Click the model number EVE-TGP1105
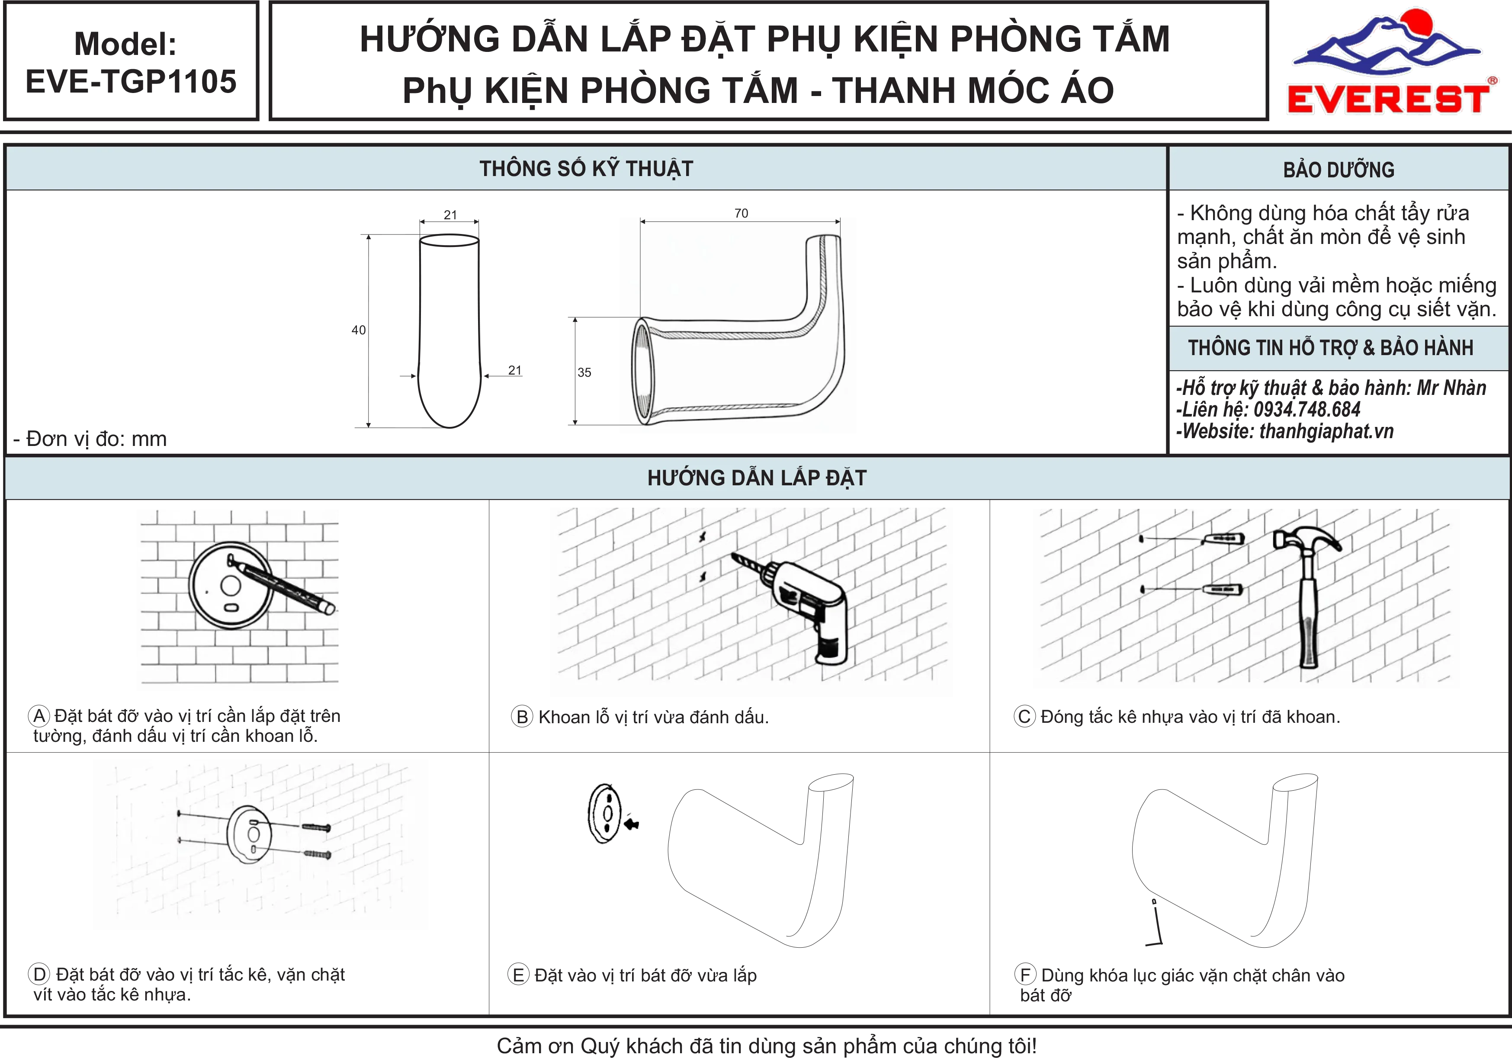pyautogui.click(x=131, y=82)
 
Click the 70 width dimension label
pyautogui.click(x=741, y=213)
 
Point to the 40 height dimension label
pyautogui.click(x=358, y=330)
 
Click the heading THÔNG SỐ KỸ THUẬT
pyautogui.click(x=586, y=169)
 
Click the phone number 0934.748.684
pyautogui.click(x=1307, y=410)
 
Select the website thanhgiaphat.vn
pyautogui.click(x=1326, y=431)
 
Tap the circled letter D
pyautogui.click(x=39, y=974)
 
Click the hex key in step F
pyautogui.click(x=1156, y=923)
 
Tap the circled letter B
pyautogui.click(x=522, y=716)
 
